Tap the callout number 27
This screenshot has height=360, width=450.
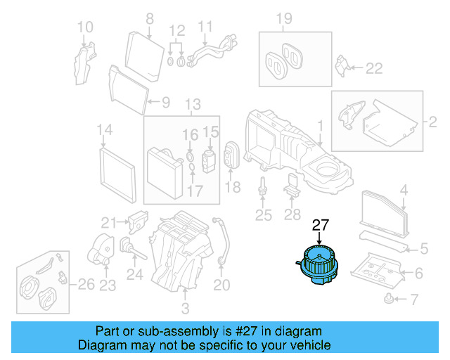pos(321,226)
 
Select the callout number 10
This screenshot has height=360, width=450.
pos(84,27)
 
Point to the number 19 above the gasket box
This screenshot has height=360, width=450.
pos(283,18)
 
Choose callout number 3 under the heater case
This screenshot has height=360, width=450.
pos(185,309)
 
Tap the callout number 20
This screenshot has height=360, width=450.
pos(222,285)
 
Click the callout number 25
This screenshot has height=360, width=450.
pos(263,215)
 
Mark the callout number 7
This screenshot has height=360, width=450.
pos(413,301)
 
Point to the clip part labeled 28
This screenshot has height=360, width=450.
pos(292,186)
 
